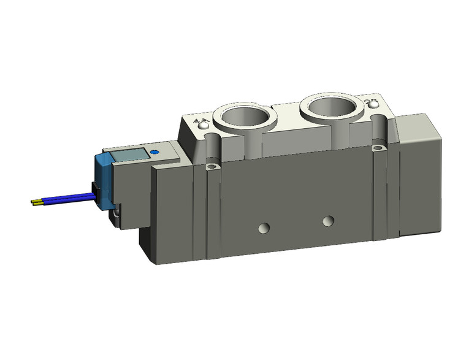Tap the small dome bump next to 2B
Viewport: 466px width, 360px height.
[x=372, y=107]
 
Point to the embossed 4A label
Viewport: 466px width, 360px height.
[x=199, y=121]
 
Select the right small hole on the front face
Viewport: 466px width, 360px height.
[x=329, y=220]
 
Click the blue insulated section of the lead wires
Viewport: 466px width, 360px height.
[x=67, y=198]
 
